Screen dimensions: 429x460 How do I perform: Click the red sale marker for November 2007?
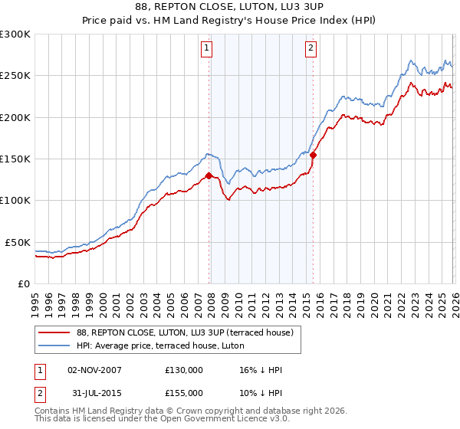[x=209, y=175]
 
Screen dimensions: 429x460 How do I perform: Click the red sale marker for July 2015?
[x=313, y=155]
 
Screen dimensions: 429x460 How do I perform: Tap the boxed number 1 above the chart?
[x=207, y=48]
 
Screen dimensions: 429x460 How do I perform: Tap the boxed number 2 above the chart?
[x=310, y=48]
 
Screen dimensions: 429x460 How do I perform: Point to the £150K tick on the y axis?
[x=15, y=159]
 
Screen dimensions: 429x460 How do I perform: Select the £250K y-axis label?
[x=15, y=76]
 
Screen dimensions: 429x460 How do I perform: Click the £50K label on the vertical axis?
[x=18, y=242]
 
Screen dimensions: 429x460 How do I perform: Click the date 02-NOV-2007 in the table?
[x=95, y=370]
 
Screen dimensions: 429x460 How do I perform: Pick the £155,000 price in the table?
[x=184, y=393]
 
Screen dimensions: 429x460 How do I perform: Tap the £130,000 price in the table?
[x=184, y=370]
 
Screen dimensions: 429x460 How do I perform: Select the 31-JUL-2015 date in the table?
[x=95, y=393]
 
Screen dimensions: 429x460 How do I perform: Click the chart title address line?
[x=230, y=8]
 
